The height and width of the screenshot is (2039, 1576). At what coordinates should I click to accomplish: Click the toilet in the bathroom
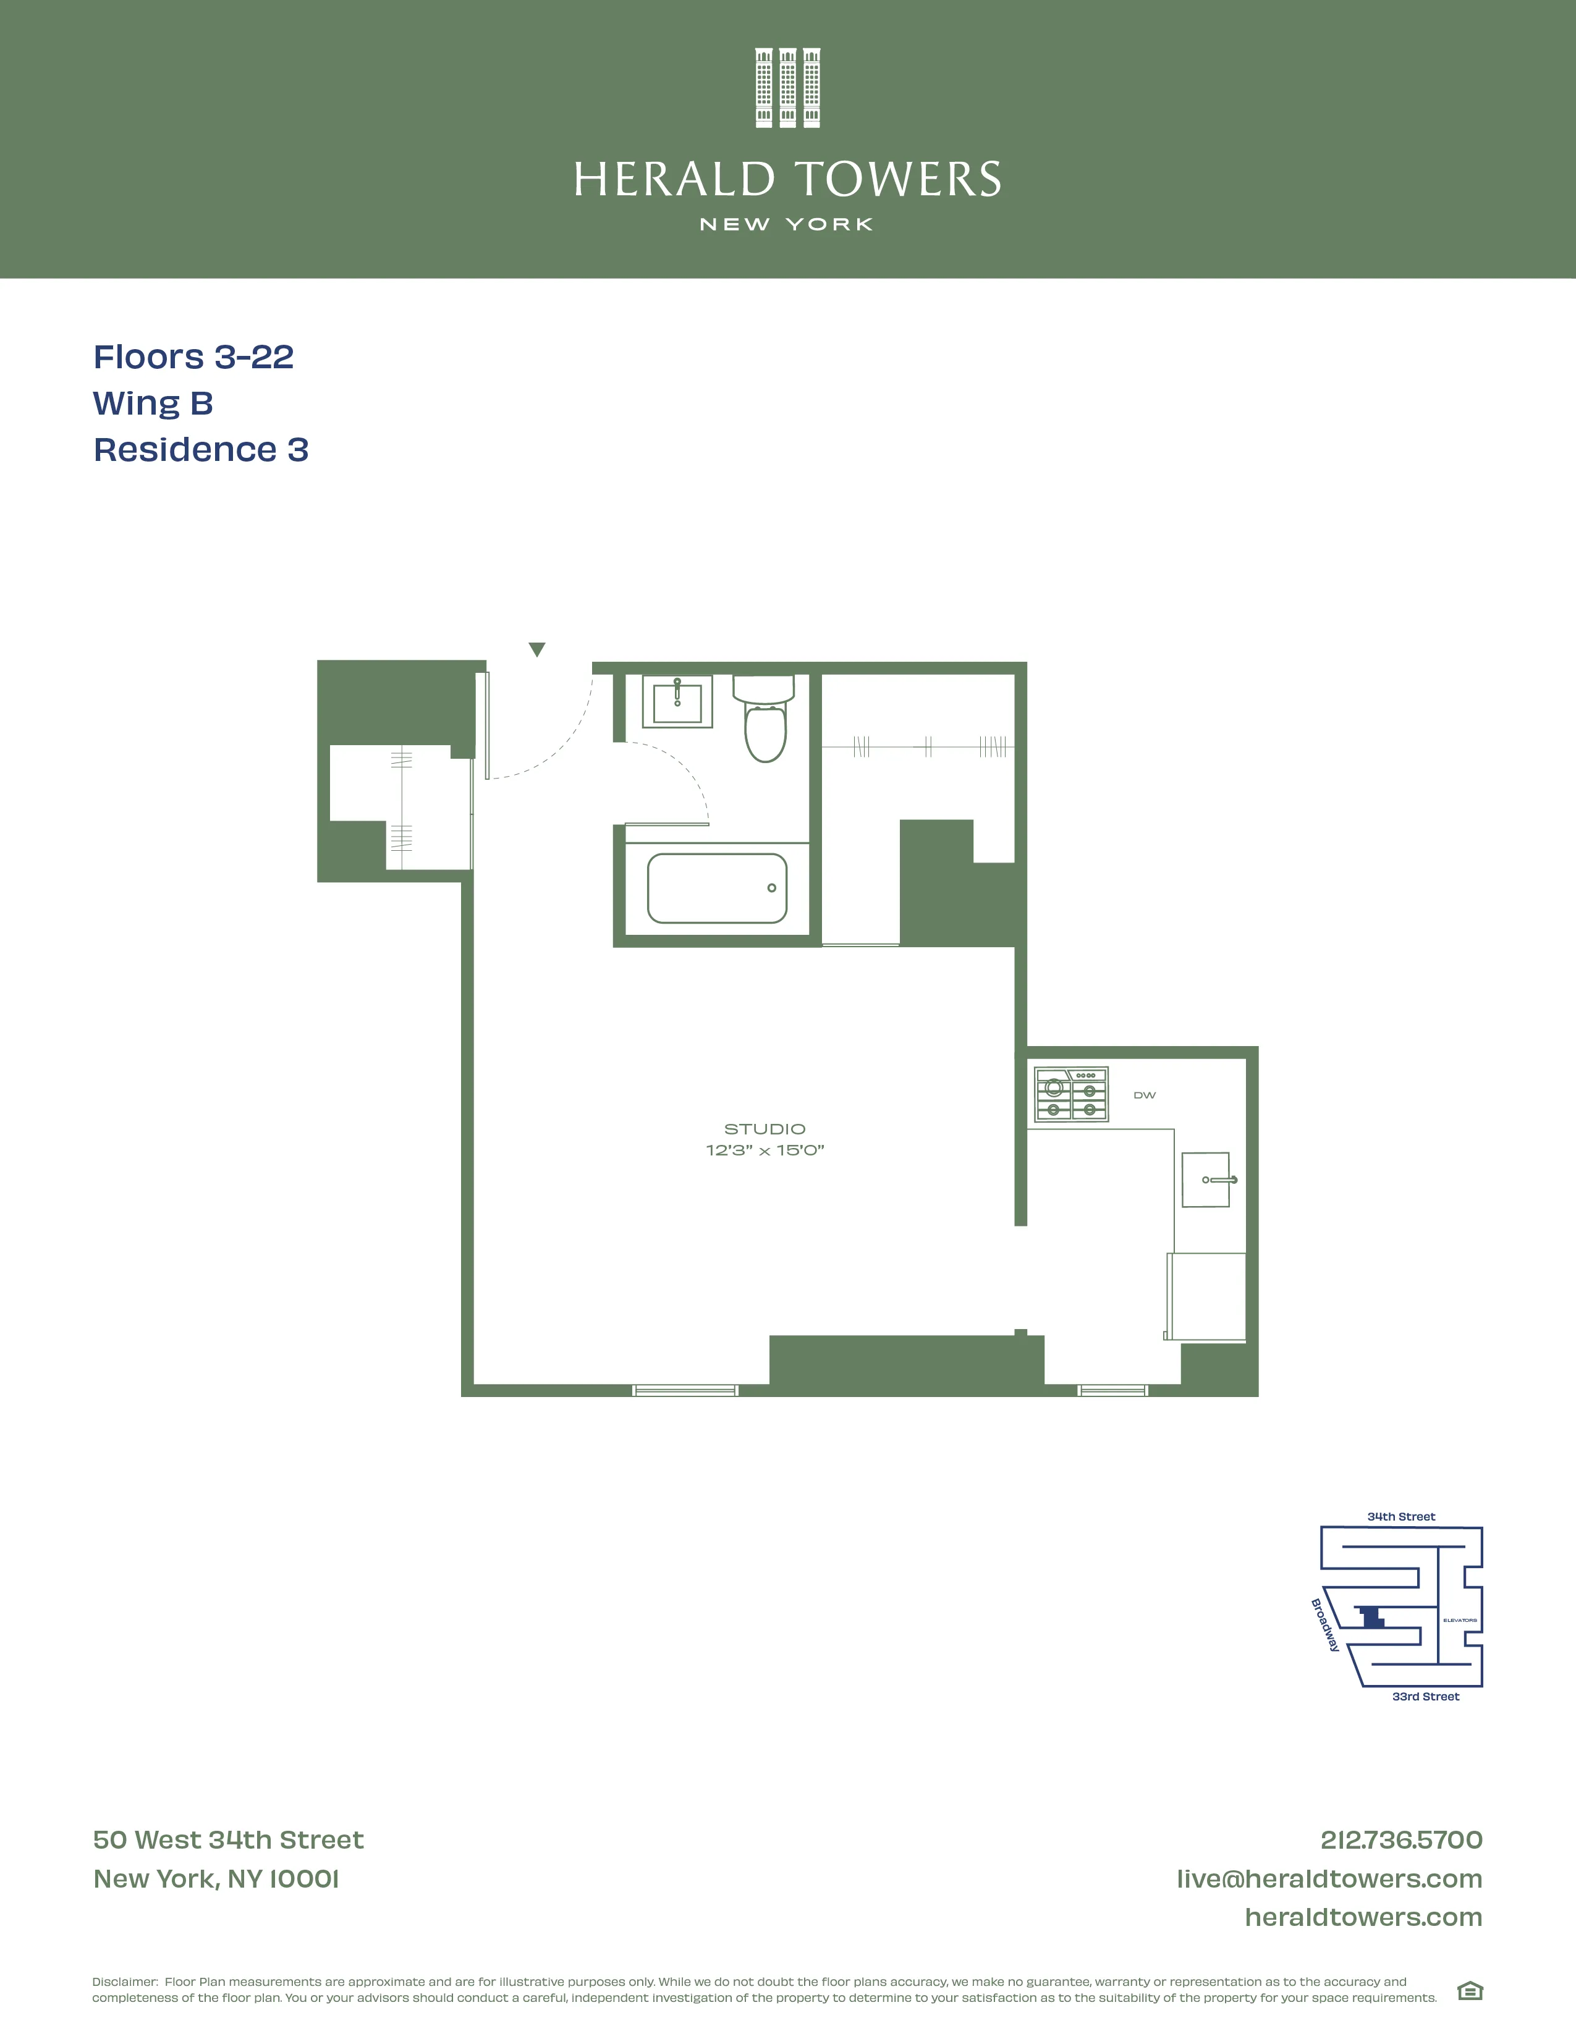[x=765, y=724]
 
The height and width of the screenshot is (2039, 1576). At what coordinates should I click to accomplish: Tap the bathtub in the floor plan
[x=717, y=888]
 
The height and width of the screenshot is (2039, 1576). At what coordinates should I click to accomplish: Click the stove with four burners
[x=1071, y=1094]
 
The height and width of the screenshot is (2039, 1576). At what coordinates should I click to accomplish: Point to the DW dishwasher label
[x=1145, y=1095]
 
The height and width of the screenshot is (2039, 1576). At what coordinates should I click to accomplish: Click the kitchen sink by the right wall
[x=1206, y=1180]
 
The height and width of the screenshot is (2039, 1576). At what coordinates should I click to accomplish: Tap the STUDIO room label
[x=765, y=1129]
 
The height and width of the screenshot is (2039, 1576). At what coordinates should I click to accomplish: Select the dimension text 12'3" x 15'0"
[x=765, y=1150]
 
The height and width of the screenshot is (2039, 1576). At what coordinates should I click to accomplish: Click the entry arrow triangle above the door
[x=537, y=649]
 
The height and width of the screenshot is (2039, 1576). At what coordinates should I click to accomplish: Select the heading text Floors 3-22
[x=193, y=357]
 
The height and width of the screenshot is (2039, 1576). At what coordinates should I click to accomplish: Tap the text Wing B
[x=153, y=403]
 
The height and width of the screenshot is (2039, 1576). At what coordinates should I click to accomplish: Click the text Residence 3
[x=201, y=450]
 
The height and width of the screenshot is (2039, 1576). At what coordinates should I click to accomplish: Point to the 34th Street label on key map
[x=1400, y=1516]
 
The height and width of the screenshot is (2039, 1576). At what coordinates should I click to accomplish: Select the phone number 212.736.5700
[x=1400, y=1840]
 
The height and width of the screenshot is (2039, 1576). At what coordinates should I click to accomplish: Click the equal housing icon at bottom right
[x=1470, y=1991]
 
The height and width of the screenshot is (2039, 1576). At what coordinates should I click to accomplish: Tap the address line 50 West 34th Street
[x=228, y=1840]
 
